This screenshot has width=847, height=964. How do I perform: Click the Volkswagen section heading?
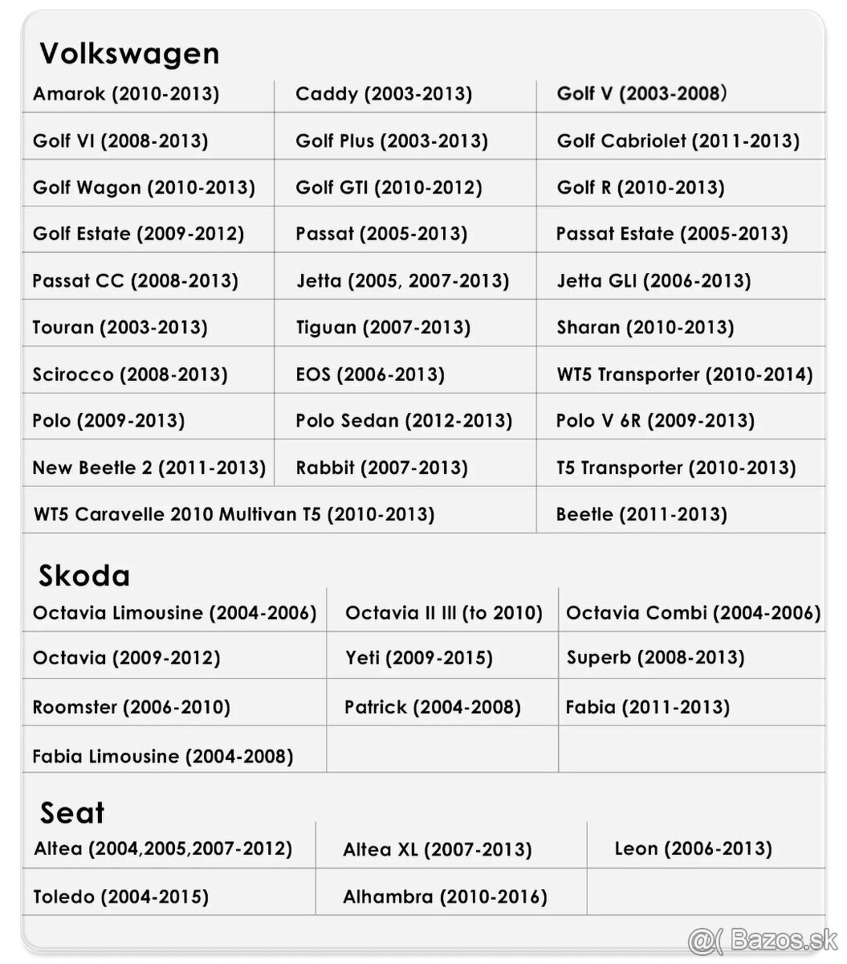[129, 54]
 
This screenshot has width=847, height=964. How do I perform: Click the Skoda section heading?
[84, 576]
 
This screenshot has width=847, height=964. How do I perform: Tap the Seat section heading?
[72, 813]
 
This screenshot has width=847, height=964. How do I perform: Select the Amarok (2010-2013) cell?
[126, 94]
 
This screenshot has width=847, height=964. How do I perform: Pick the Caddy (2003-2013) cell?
[384, 94]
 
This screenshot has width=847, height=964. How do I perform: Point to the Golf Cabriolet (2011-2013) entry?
[678, 141]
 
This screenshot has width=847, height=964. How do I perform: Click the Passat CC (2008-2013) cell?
[135, 281]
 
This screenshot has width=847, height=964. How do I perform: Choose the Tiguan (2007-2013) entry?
[383, 328]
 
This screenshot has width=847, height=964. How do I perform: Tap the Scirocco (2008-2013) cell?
[130, 374]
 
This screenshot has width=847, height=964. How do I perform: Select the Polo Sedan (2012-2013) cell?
[404, 421]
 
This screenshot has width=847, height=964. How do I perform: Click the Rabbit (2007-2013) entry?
[381, 468]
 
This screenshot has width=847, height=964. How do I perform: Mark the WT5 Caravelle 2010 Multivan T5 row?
[234, 514]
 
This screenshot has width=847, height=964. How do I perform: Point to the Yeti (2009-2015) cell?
[419, 659]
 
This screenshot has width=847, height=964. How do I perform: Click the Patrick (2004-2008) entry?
[433, 708]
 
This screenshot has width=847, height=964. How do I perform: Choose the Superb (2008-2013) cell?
[655, 658]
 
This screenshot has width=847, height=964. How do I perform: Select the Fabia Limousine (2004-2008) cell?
[163, 757]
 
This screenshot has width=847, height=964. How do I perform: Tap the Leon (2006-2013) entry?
[693, 849]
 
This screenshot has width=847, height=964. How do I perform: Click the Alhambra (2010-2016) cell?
[445, 897]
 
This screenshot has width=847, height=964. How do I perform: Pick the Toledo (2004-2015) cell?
[120, 897]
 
